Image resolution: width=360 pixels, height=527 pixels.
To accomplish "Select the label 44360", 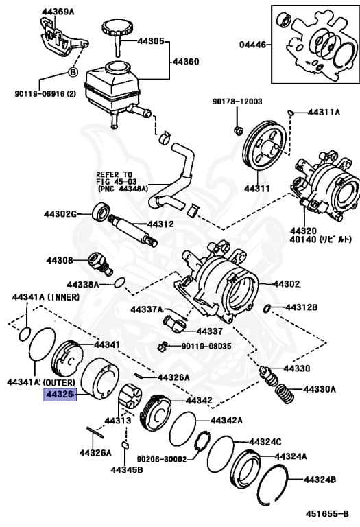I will coord(184,62).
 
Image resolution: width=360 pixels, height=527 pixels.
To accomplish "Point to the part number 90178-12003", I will coord(237,101).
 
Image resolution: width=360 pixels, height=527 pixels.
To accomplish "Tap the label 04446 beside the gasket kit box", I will coord(254,44).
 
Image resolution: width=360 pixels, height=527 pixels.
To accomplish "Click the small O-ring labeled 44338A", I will coord(119,281).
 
